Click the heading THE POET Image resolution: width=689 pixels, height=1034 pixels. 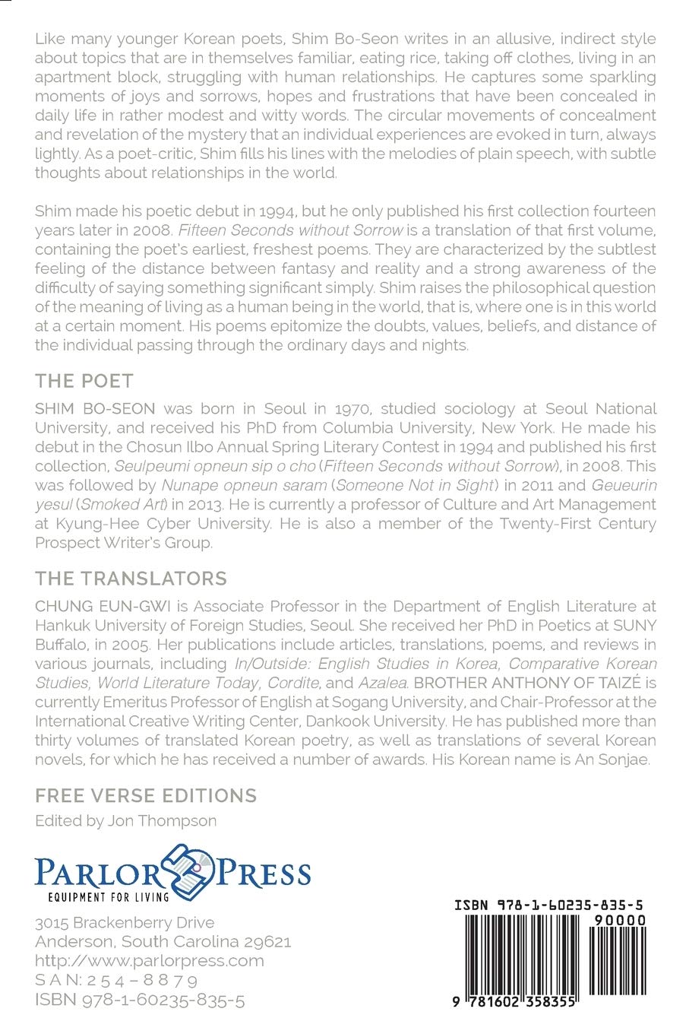click(x=84, y=381)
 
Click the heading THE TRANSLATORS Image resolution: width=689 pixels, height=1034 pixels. click(x=131, y=578)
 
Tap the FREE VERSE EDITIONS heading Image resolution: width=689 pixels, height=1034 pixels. click(x=146, y=795)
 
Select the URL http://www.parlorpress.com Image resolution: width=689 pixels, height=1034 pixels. click(x=150, y=960)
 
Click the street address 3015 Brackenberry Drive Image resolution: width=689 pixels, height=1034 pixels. click(x=125, y=922)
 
